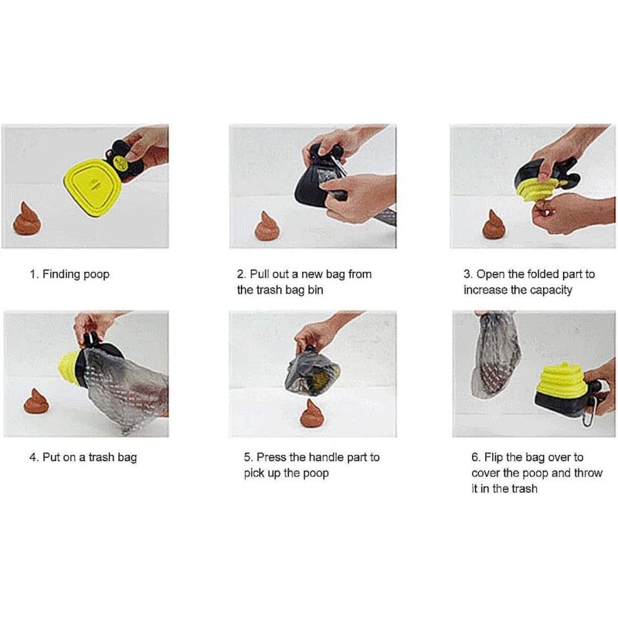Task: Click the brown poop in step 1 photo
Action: [x=27, y=219]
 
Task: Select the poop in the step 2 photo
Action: [x=267, y=226]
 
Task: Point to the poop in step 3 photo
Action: [x=494, y=225]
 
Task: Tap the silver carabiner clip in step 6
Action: [x=590, y=411]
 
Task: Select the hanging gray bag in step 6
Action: [x=496, y=354]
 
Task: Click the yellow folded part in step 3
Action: [x=537, y=188]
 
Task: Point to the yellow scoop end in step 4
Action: [x=70, y=368]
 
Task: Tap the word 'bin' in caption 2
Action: [x=315, y=290]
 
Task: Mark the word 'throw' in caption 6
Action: [x=589, y=473]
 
